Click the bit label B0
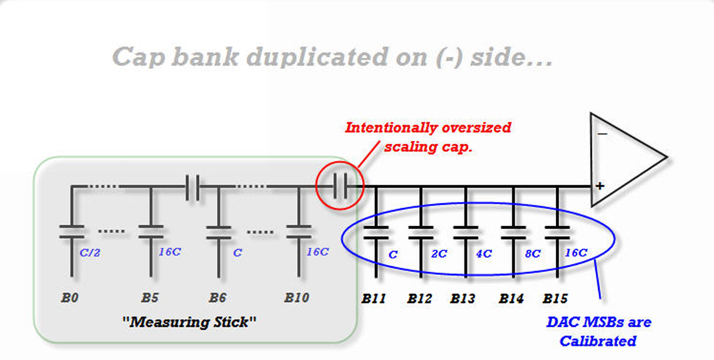pyautogui.click(x=69, y=297)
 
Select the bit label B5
pyautogui.click(x=150, y=297)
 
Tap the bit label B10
pyautogui.click(x=296, y=297)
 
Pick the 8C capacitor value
pyautogui.click(x=532, y=254)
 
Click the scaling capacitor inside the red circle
pyautogui.click(x=341, y=188)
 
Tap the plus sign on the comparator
pyautogui.click(x=600, y=186)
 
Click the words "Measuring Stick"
pyautogui.click(x=191, y=321)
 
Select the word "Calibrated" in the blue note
pyautogui.click(x=597, y=341)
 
